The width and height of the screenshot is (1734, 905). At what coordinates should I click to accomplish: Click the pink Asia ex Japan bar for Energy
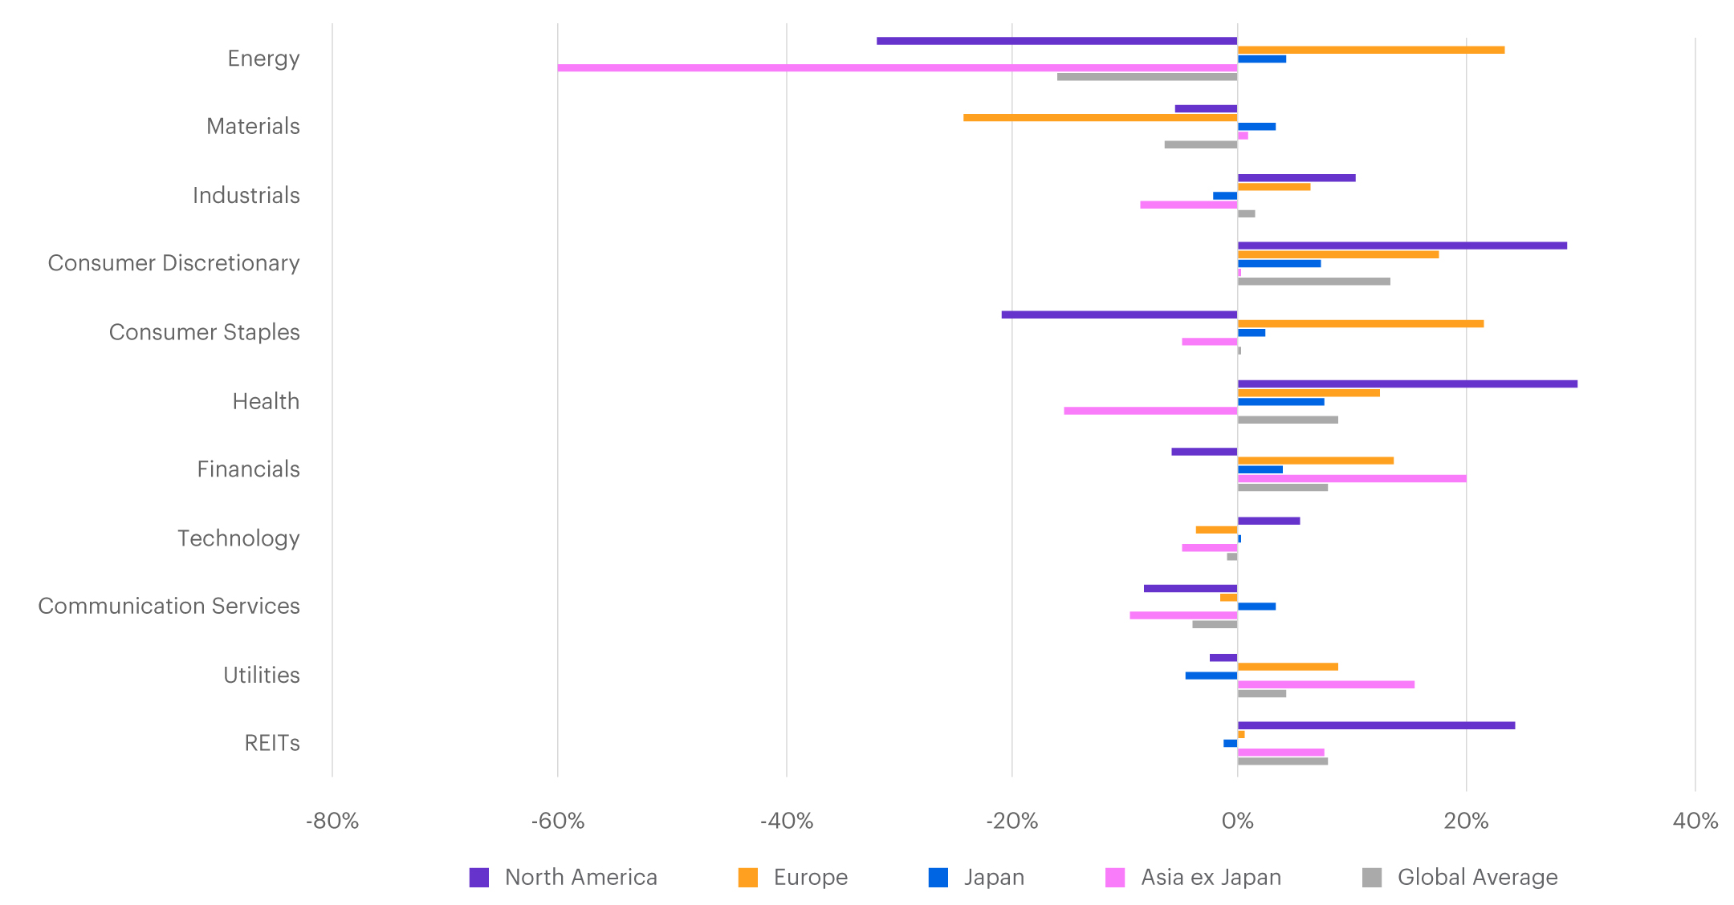click(897, 68)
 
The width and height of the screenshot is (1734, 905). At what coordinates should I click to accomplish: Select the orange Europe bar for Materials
click(1100, 118)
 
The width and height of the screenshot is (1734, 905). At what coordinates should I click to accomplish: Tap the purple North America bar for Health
click(1406, 384)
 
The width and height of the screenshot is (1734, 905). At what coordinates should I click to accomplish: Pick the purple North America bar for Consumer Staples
click(1119, 315)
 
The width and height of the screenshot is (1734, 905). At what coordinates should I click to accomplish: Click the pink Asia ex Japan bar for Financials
click(1351, 479)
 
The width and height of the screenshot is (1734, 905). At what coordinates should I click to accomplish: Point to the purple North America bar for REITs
click(1376, 725)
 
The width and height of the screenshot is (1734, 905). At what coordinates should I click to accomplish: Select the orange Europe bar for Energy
click(1370, 50)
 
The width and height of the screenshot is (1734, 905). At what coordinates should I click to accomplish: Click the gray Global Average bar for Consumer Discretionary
click(1313, 282)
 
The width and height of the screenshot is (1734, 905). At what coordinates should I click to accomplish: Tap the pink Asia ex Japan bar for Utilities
click(1325, 684)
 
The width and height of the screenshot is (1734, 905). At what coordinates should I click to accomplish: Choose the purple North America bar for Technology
click(1268, 521)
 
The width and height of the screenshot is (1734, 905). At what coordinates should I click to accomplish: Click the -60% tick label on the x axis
click(558, 821)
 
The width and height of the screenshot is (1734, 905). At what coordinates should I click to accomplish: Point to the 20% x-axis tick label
click(1466, 821)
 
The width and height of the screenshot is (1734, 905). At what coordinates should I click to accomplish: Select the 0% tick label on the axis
click(1237, 821)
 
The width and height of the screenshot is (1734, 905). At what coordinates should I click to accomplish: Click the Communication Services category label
click(169, 606)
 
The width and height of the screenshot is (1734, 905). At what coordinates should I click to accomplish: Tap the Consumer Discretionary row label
click(173, 263)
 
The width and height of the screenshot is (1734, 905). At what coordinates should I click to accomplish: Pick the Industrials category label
click(246, 195)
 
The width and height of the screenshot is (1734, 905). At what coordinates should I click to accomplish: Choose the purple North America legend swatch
click(479, 878)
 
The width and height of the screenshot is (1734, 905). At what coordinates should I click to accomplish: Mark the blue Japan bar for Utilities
click(1211, 676)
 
